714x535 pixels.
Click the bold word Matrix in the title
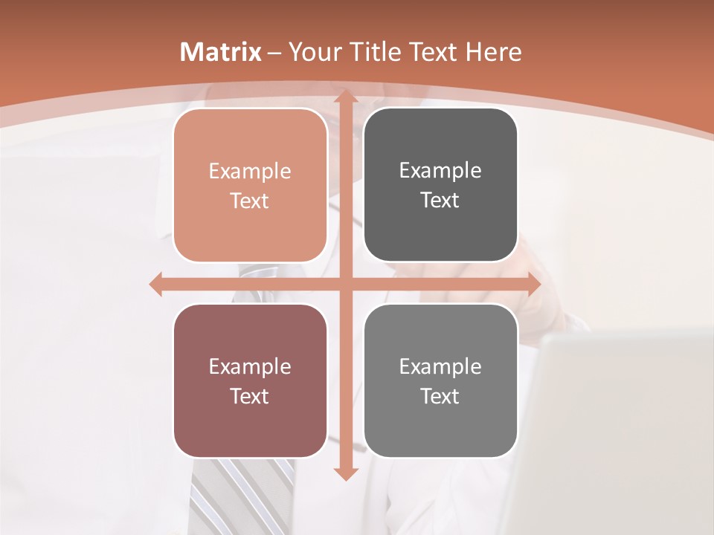point(221,52)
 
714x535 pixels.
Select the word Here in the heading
point(493,52)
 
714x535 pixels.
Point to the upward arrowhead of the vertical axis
point(344,97)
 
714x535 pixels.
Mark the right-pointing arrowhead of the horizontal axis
point(533,284)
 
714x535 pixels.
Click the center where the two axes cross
point(344,284)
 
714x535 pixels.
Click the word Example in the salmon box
point(250,172)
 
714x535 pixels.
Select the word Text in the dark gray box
point(440,201)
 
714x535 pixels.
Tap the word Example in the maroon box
point(250,367)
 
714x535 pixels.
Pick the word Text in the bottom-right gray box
point(440,397)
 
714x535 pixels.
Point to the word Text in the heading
point(431,52)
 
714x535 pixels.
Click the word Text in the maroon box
point(250,397)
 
